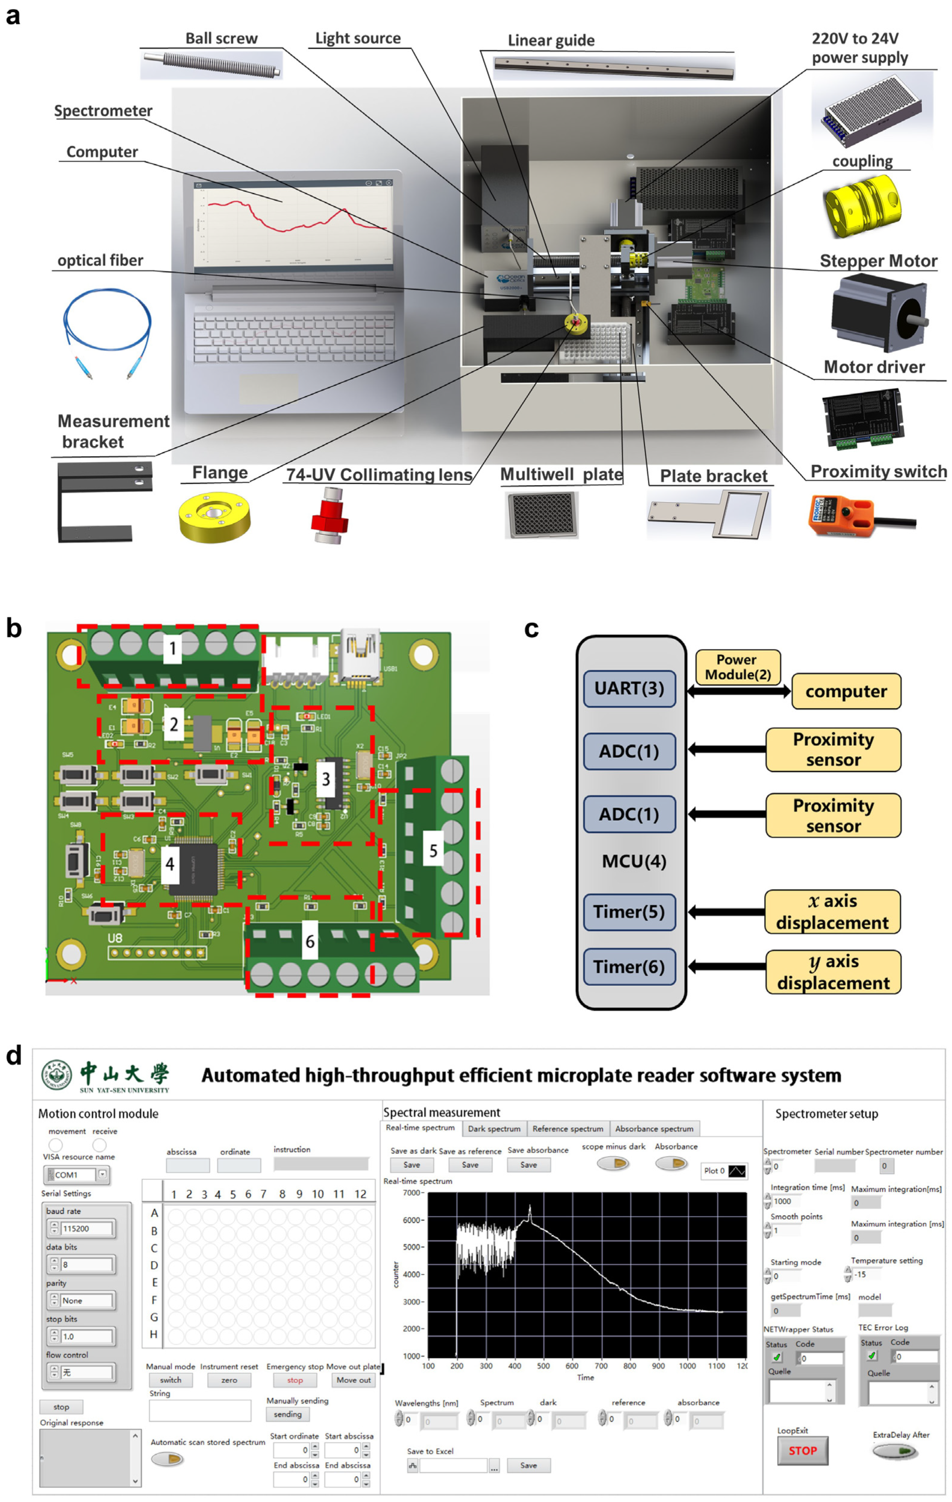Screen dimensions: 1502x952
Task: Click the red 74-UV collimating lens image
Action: tap(330, 516)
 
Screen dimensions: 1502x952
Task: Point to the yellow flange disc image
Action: tap(214, 516)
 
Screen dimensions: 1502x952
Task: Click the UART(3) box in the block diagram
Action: tap(629, 689)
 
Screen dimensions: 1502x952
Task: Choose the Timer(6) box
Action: tap(629, 967)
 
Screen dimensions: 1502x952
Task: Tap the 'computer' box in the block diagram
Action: tap(846, 691)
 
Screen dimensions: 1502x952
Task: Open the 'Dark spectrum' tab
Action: tap(494, 1128)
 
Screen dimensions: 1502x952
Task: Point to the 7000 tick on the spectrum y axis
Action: tap(412, 1193)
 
